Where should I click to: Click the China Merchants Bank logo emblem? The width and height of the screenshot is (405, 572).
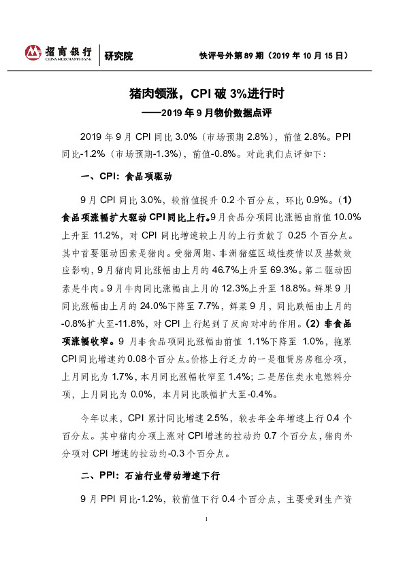click(x=33, y=53)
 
